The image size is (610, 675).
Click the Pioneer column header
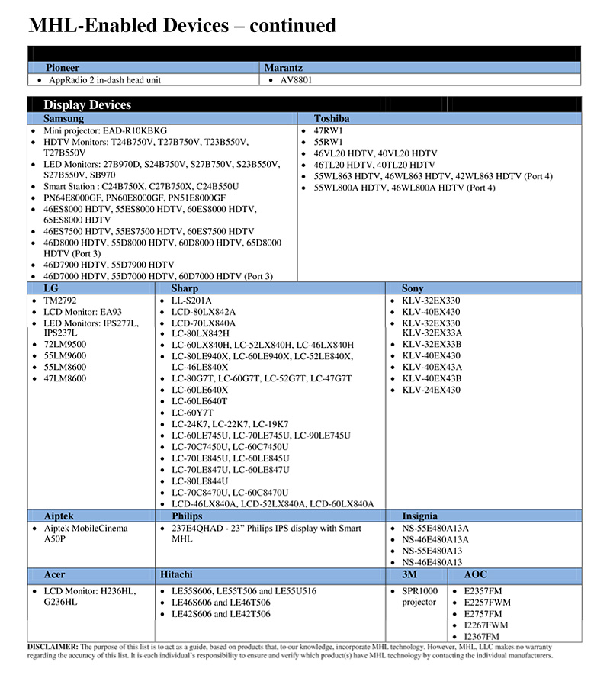[x=63, y=68]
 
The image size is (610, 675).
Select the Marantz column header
[x=284, y=68]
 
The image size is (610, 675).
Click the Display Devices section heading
[x=88, y=105]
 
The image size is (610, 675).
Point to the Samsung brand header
[x=64, y=118]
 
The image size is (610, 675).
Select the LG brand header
[x=51, y=288]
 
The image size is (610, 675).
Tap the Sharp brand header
[x=185, y=288]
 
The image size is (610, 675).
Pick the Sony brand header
[x=413, y=288]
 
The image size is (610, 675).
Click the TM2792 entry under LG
[x=61, y=301]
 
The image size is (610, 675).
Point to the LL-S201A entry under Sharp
[x=192, y=301]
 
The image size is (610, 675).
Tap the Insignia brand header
[x=420, y=516]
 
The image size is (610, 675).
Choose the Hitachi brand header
[x=176, y=574]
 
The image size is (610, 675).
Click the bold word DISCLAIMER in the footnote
[x=52, y=646]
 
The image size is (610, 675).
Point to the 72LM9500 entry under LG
[x=64, y=345]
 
